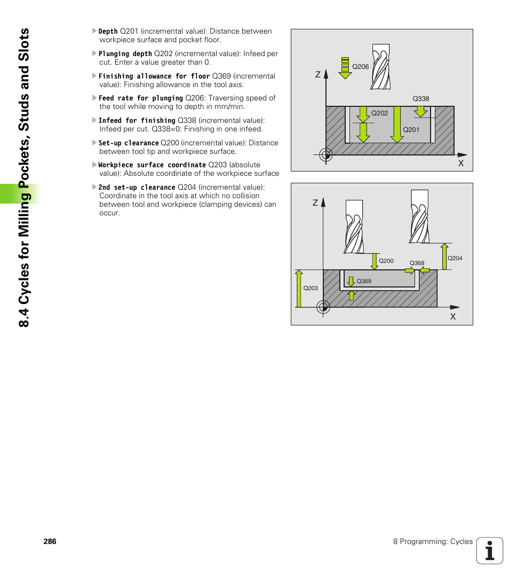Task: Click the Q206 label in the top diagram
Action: point(361,67)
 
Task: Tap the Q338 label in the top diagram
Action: point(420,99)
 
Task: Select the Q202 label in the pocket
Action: point(379,113)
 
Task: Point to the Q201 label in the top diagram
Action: point(411,130)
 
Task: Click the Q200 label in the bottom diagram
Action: point(386,261)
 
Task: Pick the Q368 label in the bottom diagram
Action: point(417,263)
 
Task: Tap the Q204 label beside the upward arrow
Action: point(455,259)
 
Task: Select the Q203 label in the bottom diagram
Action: point(311,289)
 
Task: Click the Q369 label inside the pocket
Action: point(363,281)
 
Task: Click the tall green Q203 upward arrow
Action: point(298,289)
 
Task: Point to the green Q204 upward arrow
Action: point(443,256)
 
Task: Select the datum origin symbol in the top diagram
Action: point(326,155)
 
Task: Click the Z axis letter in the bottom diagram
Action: point(315,203)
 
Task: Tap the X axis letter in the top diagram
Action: point(460,164)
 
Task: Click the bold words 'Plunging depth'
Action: point(125,54)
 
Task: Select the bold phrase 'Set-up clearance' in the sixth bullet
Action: point(128,143)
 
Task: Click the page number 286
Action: point(50,541)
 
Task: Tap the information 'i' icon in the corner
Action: point(490,550)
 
